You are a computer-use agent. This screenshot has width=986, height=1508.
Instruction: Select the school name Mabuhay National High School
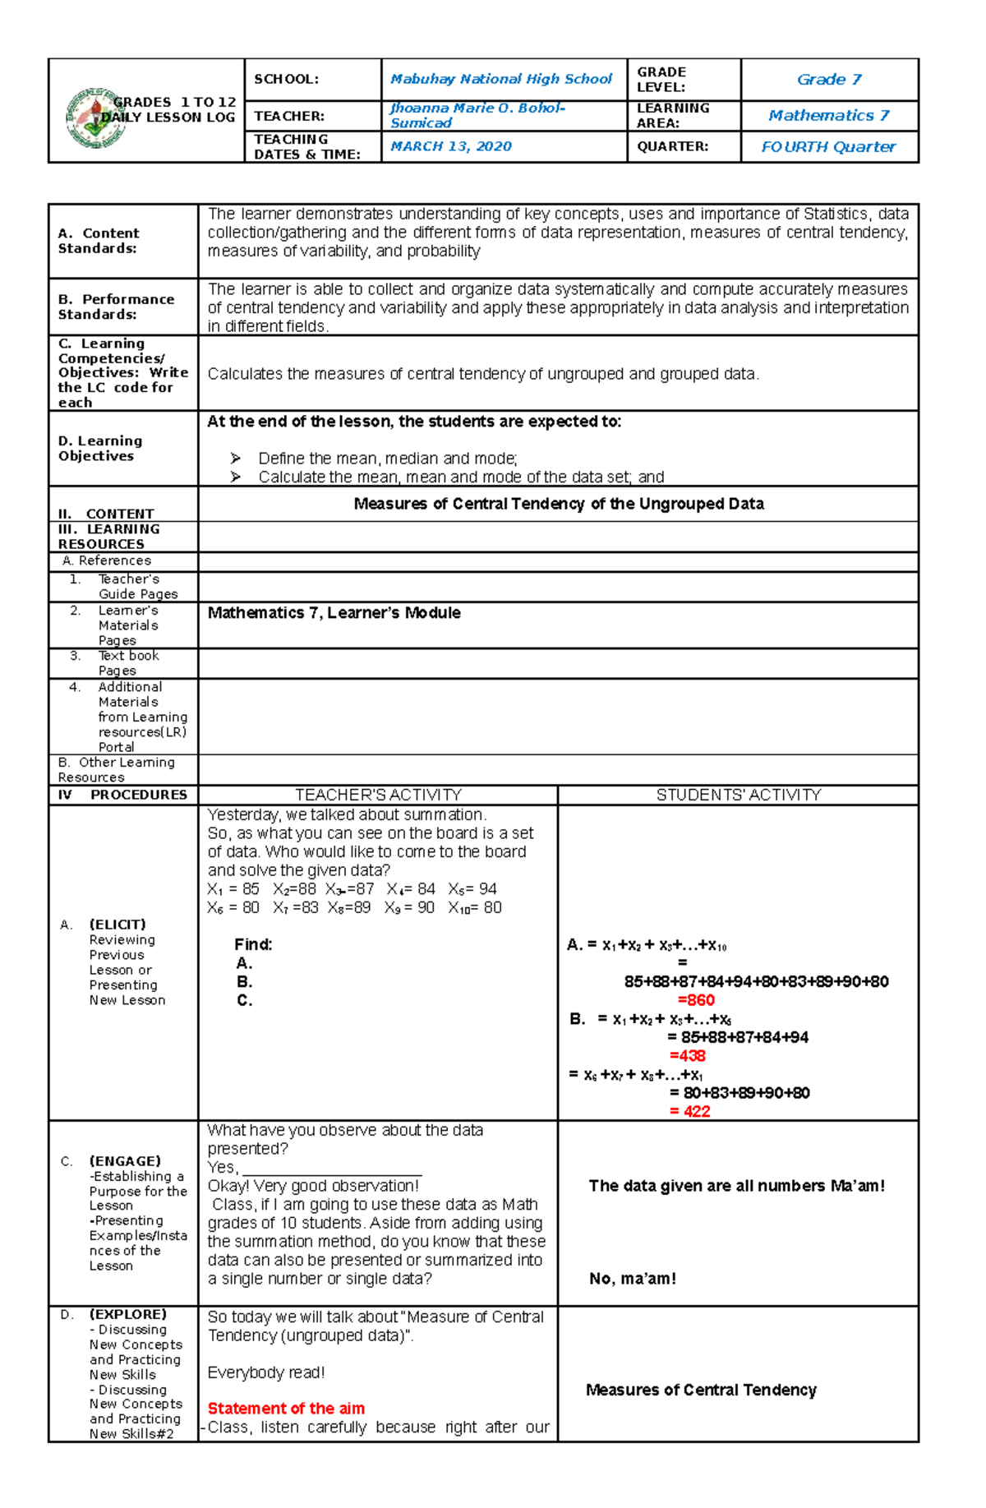(x=500, y=79)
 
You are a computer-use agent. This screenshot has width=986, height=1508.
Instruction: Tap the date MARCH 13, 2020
(x=450, y=146)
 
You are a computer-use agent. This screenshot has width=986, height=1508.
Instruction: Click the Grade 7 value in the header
(x=828, y=79)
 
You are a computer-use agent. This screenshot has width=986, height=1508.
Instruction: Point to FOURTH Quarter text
(x=827, y=146)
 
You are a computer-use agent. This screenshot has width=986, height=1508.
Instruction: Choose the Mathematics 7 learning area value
(x=828, y=115)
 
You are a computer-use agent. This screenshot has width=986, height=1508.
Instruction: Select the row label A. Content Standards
(x=99, y=241)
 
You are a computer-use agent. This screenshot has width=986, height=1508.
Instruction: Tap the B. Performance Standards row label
(x=116, y=307)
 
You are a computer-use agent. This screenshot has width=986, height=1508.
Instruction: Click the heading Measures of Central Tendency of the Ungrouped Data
(x=558, y=504)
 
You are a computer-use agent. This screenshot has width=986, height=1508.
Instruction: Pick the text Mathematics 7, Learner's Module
(x=334, y=613)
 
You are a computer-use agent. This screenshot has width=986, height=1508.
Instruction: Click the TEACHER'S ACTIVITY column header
(x=378, y=795)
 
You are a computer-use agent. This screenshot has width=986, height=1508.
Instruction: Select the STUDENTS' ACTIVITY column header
(x=738, y=795)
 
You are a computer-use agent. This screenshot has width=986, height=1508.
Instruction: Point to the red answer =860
(x=695, y=1000)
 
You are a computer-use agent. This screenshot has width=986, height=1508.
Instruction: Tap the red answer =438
(x=687, y=1056)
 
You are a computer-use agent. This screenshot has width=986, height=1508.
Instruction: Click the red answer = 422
(x=689, y=1111)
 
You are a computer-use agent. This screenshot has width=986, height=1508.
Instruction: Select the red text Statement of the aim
(x=286, y=1409)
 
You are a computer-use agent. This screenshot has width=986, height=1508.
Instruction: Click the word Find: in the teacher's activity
(x=253, y=945)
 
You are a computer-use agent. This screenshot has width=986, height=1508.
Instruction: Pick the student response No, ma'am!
(x=632, y=1279)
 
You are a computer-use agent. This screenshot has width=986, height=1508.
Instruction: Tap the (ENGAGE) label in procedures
(x=125, y=1161)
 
